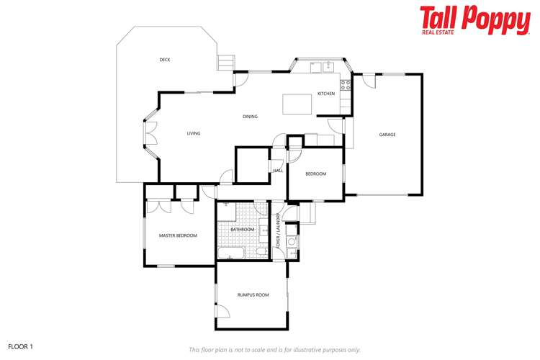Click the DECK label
165,60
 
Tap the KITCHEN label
326,94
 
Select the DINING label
250,117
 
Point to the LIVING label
194,133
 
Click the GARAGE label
387,135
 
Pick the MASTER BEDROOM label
178,235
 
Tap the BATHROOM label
243,230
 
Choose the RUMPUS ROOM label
253,294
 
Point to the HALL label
278,171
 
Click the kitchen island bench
297,104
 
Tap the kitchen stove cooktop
346,84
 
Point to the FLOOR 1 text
20,346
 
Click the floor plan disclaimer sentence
274,350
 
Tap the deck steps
227,62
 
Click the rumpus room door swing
222,312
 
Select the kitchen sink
316,67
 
